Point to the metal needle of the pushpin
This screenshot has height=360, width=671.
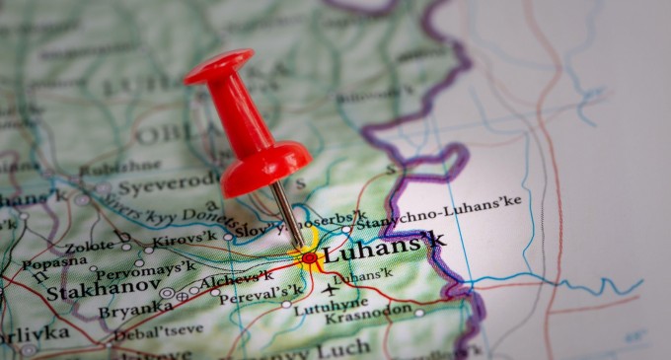pos(287,213)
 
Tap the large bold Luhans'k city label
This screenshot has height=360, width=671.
pos(385,247)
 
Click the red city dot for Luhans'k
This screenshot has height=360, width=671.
pos(310,257)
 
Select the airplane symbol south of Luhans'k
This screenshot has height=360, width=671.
pos(330,289)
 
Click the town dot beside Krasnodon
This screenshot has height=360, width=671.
pos(418,314)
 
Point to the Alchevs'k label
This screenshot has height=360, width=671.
pos(238,280)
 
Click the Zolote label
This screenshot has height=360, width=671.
pos(90,247)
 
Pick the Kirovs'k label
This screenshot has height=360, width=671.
pos(185,239)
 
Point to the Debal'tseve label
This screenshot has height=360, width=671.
pos(158,332)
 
